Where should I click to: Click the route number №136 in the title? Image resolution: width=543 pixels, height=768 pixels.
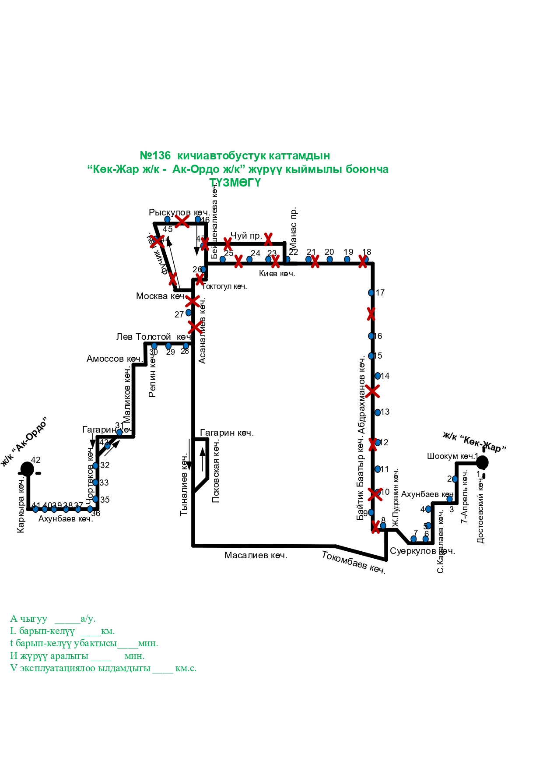tap(155, 156)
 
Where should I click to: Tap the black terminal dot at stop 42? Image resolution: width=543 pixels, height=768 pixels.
tap(27, 469)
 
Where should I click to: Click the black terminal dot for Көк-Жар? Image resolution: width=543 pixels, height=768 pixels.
tap(482, 462)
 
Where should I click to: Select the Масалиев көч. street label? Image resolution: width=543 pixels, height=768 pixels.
tap(256, 556)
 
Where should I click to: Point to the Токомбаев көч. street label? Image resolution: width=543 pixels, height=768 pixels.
tap(354, 562)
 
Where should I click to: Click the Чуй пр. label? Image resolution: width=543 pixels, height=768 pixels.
tap(246, 236)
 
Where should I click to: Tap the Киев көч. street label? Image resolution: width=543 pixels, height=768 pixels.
tap(277, 274)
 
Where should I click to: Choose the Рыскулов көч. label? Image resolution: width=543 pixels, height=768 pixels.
tap(179, 212)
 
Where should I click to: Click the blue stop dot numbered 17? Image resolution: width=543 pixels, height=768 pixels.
tap(371, 292)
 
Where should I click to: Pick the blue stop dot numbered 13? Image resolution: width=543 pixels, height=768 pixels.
tap(378, 412)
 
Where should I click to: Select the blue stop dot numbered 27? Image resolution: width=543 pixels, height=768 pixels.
tap(189, 313)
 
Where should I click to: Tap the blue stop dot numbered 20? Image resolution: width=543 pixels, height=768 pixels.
tap(329, 259)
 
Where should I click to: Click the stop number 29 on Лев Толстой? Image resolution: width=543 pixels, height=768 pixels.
tap(171, 352)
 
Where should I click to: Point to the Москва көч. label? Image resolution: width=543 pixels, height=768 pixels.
tap(160, 296)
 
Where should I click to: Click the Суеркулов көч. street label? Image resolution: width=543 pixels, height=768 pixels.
tap(422, 551)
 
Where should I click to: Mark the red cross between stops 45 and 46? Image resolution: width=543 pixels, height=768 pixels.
tap(182, 221)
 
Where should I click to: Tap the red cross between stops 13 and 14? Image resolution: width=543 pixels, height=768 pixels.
tap(372, 391)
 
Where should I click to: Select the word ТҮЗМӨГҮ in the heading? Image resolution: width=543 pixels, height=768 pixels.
tap(235, 183)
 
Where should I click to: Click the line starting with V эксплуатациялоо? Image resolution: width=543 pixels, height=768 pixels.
tap(103, 669)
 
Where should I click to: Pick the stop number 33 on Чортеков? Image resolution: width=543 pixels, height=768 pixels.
tap(104, 483)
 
